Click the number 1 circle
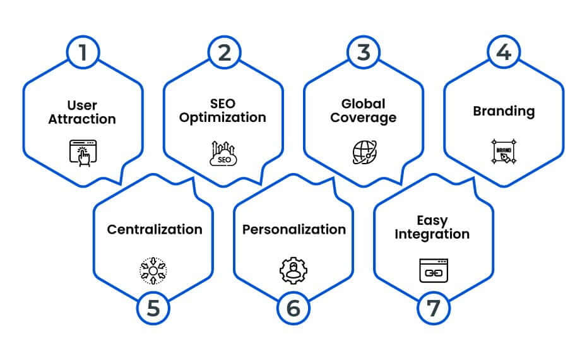(83, 52)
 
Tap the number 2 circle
(224, 52)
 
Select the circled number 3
(364, 52)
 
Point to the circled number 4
(504, 52)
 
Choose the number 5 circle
(153, 308)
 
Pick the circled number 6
(293, 308)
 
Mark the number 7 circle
(434, 308)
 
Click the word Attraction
(82, 119)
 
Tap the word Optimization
(223, 117)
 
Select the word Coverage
(363, 118)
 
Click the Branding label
(504, 111)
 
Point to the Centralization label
(155, 229)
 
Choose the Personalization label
(294, 229)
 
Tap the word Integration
(432, 234)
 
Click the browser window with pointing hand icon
(83, 153)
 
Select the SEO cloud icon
(223, 153)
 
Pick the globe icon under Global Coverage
(365, 152)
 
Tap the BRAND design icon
(504, 152)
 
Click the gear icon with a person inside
(293, 270)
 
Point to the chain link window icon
(434, 270)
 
